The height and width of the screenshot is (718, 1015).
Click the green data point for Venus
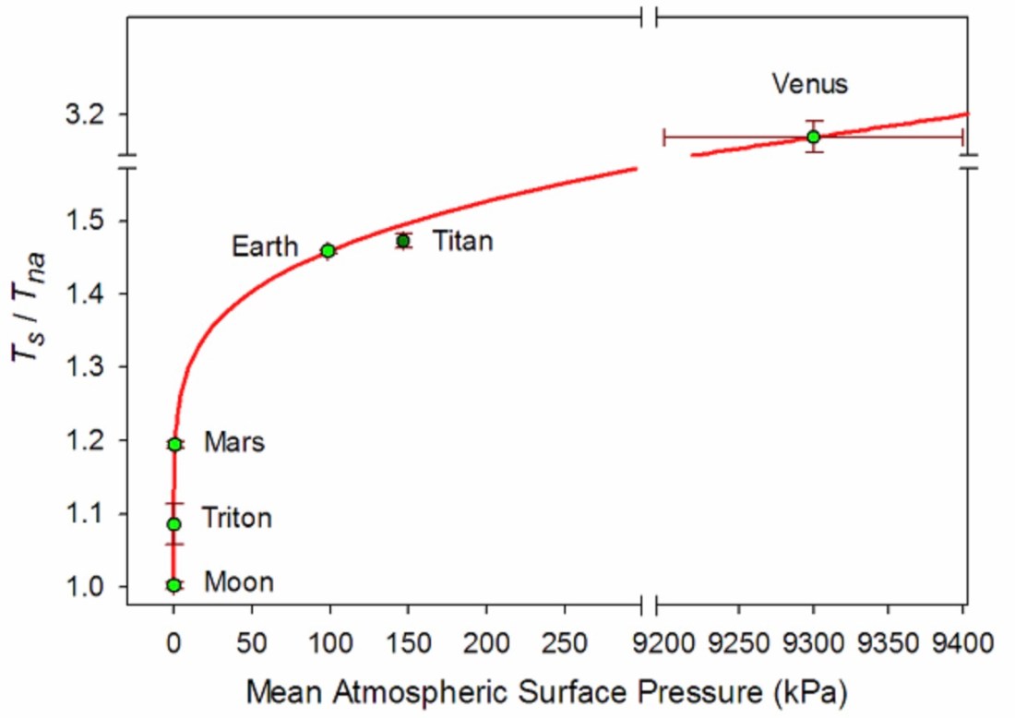813,137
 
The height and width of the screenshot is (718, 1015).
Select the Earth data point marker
328,250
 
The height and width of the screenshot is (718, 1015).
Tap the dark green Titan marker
403,241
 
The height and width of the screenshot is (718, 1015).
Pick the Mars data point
174,444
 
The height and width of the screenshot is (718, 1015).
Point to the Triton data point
173,524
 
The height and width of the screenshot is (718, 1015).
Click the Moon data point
173,584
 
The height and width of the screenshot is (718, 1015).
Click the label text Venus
809,84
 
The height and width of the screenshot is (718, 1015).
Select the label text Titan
462,242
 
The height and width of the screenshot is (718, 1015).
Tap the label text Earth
265,246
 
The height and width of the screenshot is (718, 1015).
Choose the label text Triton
237,519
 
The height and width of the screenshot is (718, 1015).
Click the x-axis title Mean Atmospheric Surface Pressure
546,689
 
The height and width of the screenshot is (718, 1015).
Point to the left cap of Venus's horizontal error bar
664,137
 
